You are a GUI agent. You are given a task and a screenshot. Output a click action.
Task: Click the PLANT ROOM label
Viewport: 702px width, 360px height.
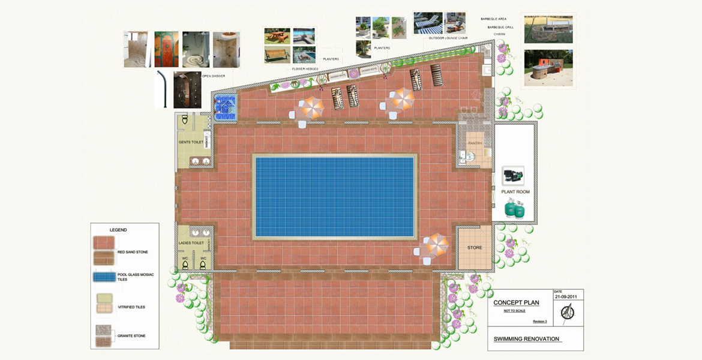[x=515, y=192]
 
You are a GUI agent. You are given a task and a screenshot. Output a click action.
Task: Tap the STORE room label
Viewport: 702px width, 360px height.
[x=475, y=248]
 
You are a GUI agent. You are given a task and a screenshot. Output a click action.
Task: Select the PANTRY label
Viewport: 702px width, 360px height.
[x=475, y=143]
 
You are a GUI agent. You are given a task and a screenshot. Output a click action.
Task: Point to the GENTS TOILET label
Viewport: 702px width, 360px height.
[x=191, y=142]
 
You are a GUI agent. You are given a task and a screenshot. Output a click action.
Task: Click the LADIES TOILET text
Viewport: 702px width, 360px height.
[x=191, y=243]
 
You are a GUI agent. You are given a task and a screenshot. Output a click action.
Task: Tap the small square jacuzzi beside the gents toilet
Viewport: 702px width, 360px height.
[x=226, y=107]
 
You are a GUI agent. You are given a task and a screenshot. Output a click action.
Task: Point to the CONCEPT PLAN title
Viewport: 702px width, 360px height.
[x=516, y=303]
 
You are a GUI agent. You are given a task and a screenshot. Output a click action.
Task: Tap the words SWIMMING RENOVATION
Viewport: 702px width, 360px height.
[x=526, y=339]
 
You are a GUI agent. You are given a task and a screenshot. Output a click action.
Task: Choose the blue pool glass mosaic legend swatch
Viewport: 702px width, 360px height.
[x=104, y=277]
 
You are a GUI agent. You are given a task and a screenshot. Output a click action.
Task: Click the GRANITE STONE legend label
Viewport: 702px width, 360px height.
[x=131, y=336]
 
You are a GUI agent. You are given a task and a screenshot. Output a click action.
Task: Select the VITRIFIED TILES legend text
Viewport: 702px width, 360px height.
[x=131, y=307]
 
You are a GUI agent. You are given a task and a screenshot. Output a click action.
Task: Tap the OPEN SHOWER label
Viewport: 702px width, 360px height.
[x=214, y=76]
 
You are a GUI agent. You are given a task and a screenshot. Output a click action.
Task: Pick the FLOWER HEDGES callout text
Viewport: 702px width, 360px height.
[x=305, y=69]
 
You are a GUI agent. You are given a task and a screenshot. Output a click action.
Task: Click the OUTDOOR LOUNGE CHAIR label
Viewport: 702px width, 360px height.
[x=448, y=38]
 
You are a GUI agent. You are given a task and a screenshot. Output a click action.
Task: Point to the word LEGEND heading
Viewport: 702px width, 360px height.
[x=118, y=230]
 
